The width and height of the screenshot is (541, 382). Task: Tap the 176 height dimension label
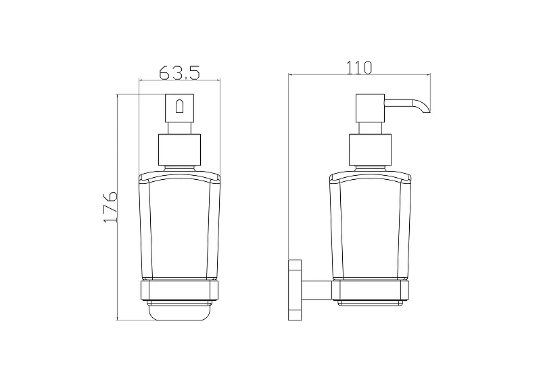[x=111, y=206]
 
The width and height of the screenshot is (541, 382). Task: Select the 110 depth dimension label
[x=359, y=68]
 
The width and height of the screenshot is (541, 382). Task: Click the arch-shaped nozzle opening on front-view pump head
[x=180, y=106]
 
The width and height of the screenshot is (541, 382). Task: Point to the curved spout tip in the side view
[x=425, y=108]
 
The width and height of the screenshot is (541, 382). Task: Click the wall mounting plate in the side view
[x=295, y=290]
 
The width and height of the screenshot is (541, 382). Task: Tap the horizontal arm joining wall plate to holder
[x=316, y=289]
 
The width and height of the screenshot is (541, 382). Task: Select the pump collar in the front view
[x=179, y=149]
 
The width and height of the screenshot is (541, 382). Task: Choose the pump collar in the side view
[x=371, y=149]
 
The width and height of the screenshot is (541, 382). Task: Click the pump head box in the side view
[x=370, y=108]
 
